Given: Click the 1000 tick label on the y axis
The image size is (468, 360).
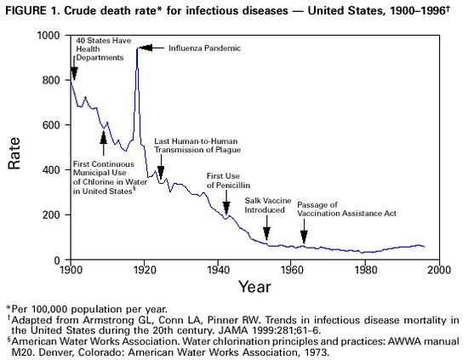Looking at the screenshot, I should coord(49,35).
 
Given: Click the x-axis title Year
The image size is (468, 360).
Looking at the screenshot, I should coord(254,287).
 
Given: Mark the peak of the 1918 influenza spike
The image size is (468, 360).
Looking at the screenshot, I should coord(137,49).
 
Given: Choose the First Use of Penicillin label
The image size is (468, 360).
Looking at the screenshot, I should coord(228,180).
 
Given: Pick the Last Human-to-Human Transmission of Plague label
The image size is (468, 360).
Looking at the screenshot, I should coord(197,145).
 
